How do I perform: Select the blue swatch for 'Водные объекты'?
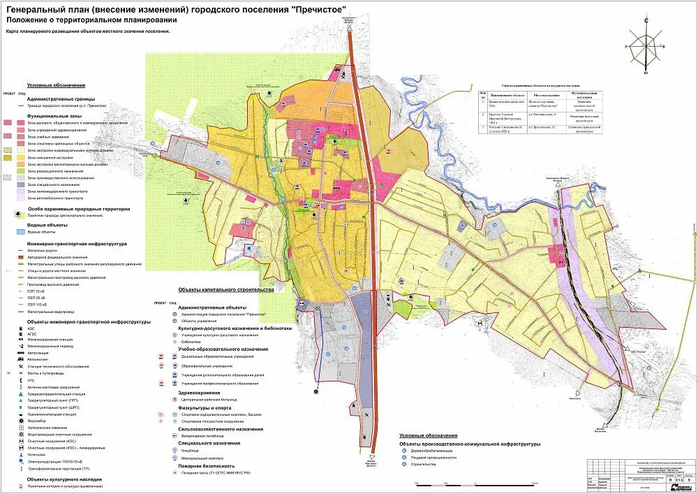pos(15,233)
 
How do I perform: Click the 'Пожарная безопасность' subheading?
pos(206,465)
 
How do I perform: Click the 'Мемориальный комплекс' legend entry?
pos(202,458)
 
